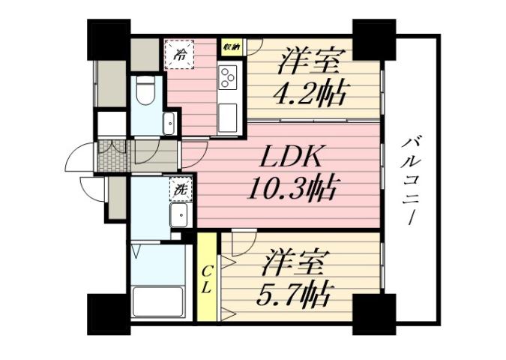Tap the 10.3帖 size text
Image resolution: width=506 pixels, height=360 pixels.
point(294,187)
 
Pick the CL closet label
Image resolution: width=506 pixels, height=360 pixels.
point(206,278)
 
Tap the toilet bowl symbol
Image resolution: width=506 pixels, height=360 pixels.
point(147,92)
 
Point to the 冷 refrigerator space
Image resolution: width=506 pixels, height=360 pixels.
point(181,54)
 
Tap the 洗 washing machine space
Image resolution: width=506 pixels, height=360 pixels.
point(181,189)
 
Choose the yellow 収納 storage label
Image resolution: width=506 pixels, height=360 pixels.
point(231,47)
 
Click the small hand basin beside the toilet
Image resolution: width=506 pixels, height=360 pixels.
point(169,124)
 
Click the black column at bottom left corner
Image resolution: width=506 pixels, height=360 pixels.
point(109,313)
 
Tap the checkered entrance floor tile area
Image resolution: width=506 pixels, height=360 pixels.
point(112,156)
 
